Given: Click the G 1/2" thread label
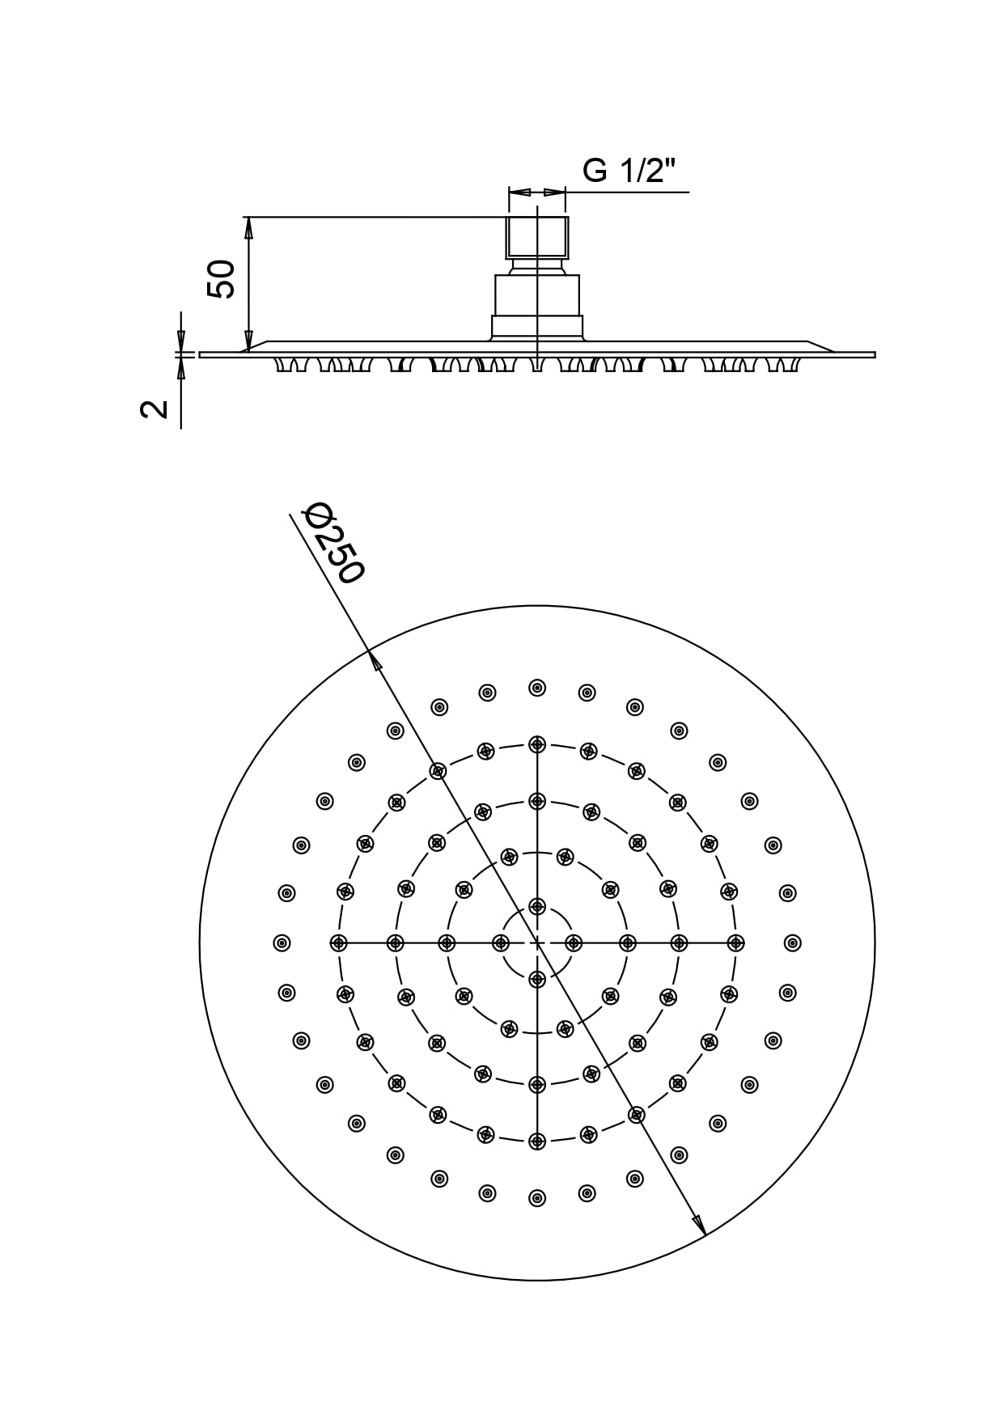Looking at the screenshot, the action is click(629, 171).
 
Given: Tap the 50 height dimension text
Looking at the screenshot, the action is click(222, 279).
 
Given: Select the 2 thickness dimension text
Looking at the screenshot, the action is click(155, 409).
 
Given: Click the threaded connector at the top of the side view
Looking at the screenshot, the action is click(537, 236).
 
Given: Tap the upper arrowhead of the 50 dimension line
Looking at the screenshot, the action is click(249, 227).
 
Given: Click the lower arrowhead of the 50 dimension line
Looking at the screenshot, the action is click(249, 341).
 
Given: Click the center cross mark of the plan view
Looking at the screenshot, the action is click(537, 942).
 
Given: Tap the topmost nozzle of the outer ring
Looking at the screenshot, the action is click(537, 688).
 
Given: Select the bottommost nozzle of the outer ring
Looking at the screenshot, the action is click(537, 1198).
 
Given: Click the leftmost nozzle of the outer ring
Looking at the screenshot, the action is click(282, 942).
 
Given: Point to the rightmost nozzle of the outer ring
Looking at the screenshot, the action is click(793, 942).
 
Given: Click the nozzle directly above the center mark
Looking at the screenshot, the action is click(537, 905).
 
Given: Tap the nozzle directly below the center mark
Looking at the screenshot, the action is click(537, 980).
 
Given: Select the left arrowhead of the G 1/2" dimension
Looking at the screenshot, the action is click(519, 193).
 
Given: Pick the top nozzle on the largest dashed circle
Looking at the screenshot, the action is click(537, 744).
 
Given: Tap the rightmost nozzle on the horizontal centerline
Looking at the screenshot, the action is click(735, 942).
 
